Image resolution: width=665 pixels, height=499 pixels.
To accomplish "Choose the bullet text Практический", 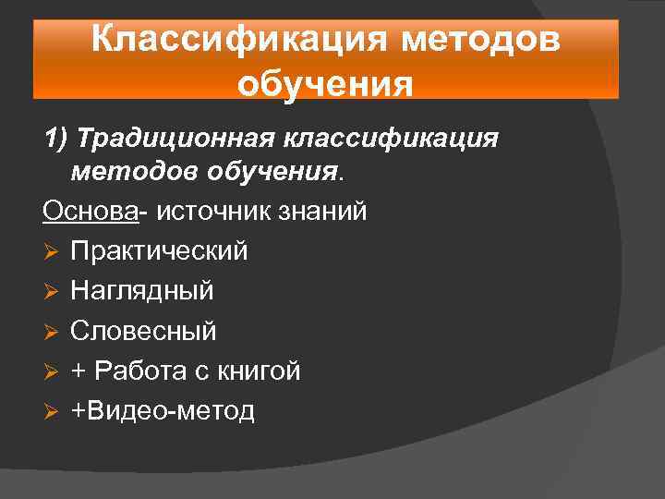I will tap(159, 251).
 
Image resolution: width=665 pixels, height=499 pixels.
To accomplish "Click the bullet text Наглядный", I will tap(142, 291).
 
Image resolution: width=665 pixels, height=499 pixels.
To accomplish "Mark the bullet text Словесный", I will tap(143, 331).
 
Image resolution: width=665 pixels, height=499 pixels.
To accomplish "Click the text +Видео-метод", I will tap(163, 410).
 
